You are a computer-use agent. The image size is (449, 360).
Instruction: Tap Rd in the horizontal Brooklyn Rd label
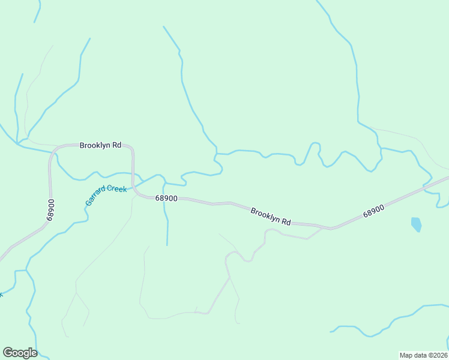(x=116, y=145)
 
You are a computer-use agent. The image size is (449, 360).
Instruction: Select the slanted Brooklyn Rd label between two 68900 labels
(x=271, y=216)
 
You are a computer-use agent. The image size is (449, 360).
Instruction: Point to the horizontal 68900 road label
(x=166, y=198)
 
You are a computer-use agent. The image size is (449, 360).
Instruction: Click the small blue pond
(x=416, y=224)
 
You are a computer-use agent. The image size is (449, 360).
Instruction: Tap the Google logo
(x=20, y=353)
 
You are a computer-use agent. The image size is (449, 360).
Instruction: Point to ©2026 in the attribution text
(x=438, y=355)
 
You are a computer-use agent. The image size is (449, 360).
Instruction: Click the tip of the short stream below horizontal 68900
(x=167, y=245)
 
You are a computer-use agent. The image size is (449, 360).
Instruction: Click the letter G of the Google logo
(x=8, y=353)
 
